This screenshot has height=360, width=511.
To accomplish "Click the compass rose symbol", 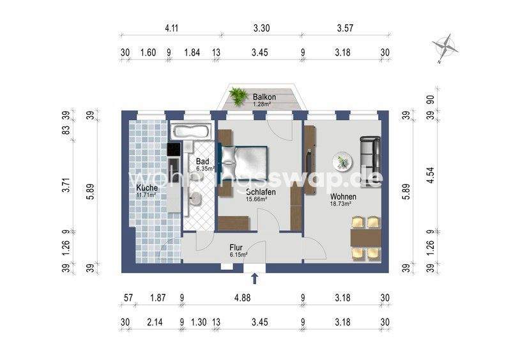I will [x=445, y=47].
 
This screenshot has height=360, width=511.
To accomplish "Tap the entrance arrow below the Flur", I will [x=255, y=278].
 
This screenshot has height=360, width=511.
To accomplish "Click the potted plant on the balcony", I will [x=238, y=96].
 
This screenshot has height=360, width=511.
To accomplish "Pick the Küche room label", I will [x=147, y=188].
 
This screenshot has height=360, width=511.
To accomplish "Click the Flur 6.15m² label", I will [x=239, y=250].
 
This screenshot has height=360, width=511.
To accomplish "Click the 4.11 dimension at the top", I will [x=171, y=29].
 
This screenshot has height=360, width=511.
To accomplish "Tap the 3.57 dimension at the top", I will [x=344, y=29].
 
